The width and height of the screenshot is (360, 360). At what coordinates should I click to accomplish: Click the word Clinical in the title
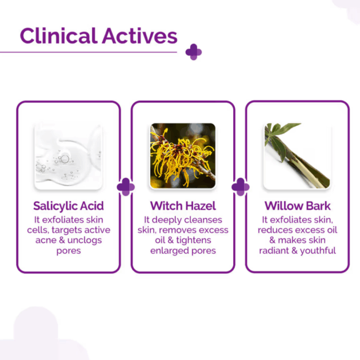(x=59, y=35)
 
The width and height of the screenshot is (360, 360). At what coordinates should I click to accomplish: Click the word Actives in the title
(x=139, y=35)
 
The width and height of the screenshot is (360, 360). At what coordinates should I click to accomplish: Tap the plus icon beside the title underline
(x=194, y=52)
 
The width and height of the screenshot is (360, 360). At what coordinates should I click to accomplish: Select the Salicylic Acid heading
(x=69, y=206)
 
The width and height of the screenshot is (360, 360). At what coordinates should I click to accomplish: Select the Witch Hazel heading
(x=183, y=206)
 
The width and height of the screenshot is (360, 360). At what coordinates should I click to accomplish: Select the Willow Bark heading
(x=298, y=206)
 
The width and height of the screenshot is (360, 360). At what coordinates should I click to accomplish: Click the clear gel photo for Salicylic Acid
(x=68, y=157)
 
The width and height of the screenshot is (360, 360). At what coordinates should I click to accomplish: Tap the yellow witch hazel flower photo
(x=183, y=156)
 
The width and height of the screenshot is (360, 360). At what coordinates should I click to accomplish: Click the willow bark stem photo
(x=297, y=156)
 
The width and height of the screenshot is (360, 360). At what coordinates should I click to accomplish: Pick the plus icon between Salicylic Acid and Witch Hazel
(x=126, y=187)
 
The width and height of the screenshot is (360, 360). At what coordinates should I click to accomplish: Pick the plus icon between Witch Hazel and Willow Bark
(x=241, y=187)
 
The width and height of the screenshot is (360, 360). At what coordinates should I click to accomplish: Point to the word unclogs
(x=85, y=241)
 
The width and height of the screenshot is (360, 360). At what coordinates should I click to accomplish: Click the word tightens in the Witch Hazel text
(x=194, y=241)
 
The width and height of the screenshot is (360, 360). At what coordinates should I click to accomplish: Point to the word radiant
(x=274, y=250)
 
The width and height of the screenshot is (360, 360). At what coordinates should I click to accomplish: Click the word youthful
(x=318, y=251)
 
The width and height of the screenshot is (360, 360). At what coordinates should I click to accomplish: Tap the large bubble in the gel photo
(x=65, y=159)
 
